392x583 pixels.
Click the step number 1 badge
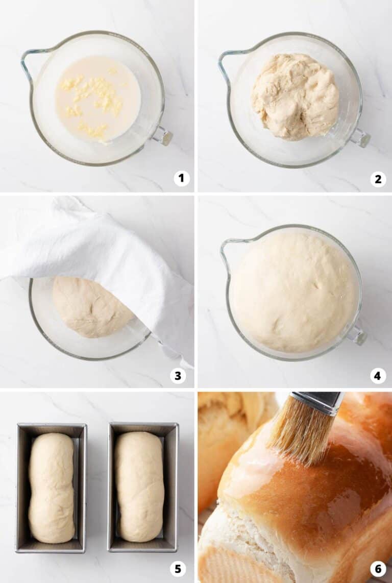tap(181, 178)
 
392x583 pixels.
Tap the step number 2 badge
tap(378, 179)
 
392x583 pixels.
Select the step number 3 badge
tap(178, 376)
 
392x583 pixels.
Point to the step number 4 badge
tap(378, 376)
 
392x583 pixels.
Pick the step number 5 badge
tap(178, 568)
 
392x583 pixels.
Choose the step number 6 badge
tap(378, 568)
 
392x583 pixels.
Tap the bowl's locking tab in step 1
tap(164, 136)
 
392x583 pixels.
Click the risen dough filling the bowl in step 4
tap(293, 291)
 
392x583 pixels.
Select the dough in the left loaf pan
tap(51, 488)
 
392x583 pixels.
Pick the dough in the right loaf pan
tap(139, 486)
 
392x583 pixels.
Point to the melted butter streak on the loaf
tap(250, 470)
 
